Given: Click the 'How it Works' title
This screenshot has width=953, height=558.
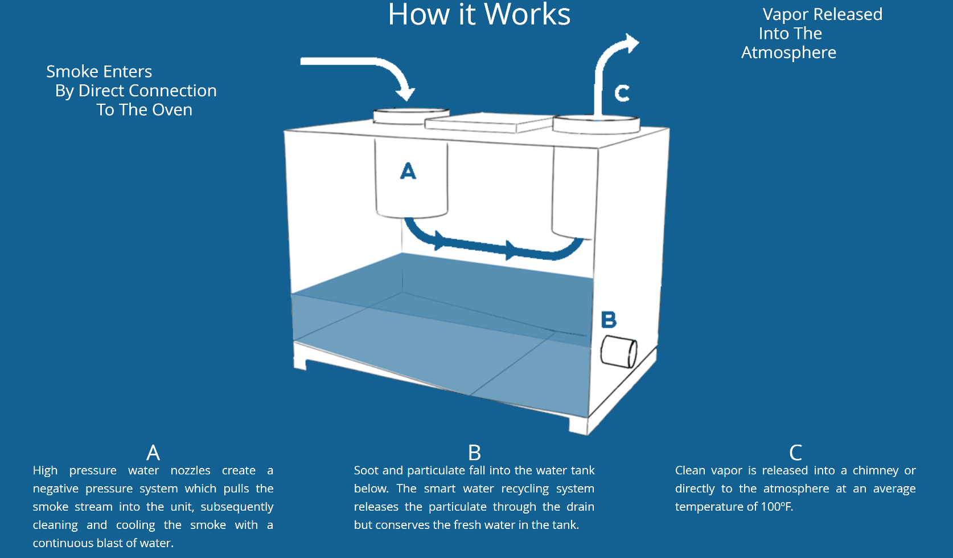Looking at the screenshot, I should (479, 15).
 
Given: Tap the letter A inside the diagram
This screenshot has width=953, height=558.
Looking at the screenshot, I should (408, 171).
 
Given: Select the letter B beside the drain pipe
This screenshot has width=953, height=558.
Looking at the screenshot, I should (609, 320).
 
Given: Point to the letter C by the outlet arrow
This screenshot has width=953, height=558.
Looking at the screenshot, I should (622, 93).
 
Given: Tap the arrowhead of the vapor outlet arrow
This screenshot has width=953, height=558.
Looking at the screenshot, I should (631, 43).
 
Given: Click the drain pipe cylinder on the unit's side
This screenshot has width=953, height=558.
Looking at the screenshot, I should (618, 352).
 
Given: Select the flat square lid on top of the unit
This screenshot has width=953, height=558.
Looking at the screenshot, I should (488, 122).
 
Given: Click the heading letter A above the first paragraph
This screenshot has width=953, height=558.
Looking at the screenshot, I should (153, 453).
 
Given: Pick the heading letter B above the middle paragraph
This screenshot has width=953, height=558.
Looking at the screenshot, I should (474, 453).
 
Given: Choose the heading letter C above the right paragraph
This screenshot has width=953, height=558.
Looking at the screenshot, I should (795, 453).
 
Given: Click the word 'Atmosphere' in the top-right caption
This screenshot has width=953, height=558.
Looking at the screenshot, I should (788, 52).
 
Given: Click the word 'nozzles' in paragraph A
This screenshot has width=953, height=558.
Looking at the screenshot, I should (190, 470).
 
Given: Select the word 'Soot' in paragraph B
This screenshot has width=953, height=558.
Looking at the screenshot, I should (366, 470).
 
